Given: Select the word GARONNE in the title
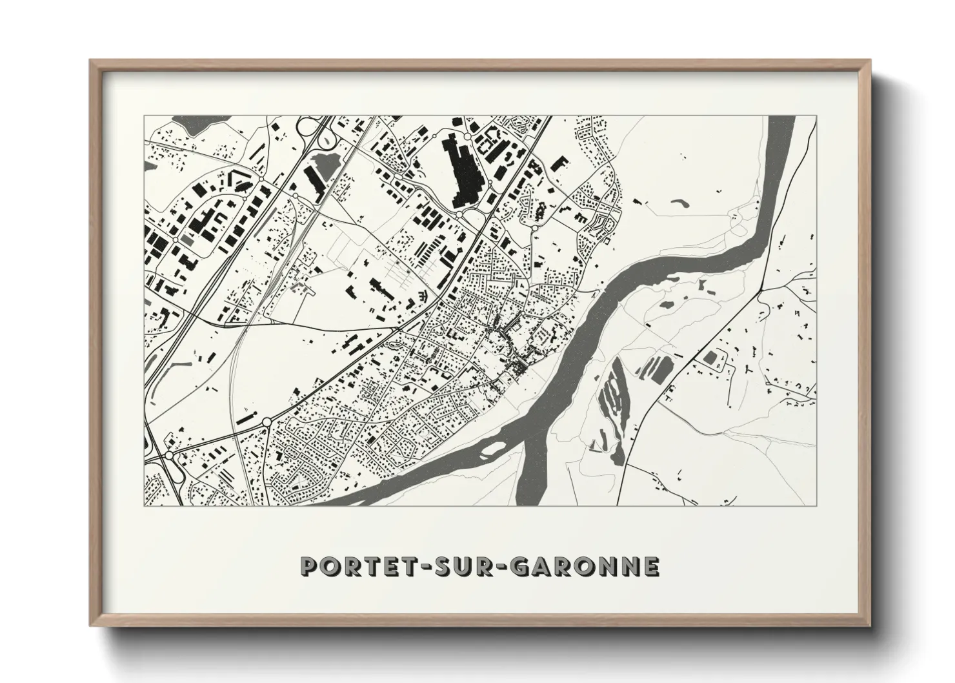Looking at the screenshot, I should point(586,566).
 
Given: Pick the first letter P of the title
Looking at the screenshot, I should point(309,566).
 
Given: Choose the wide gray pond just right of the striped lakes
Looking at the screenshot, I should point(659,370).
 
